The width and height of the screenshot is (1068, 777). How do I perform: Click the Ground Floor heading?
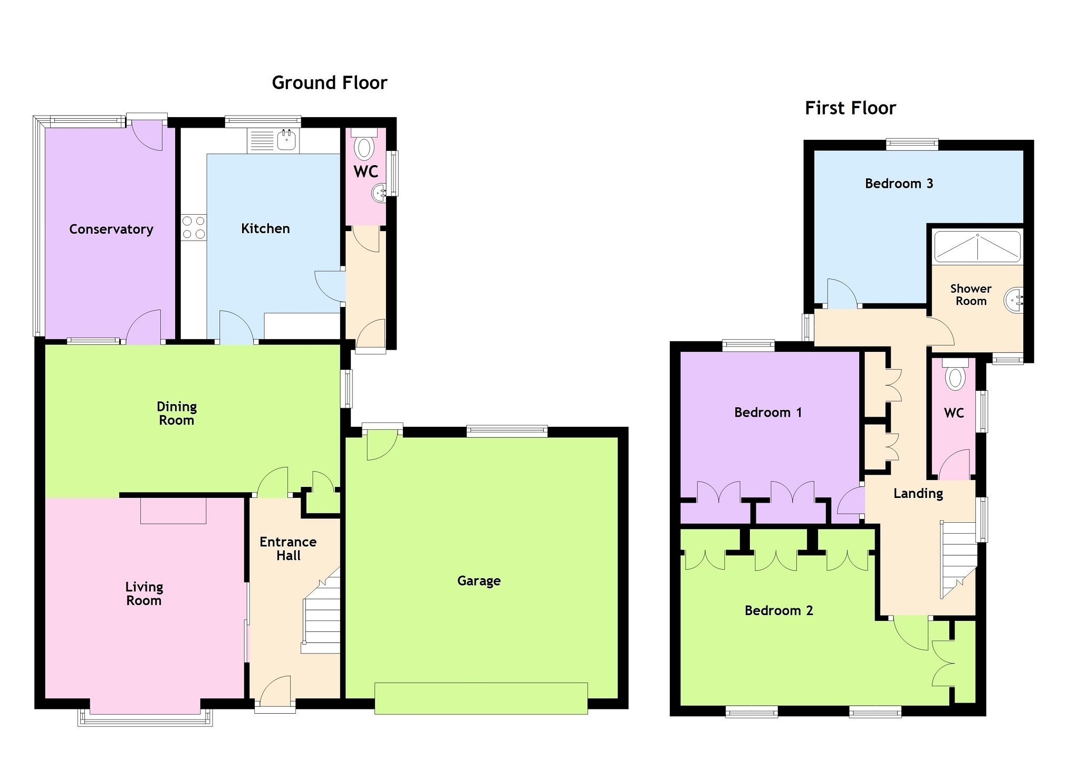tap(330, 83)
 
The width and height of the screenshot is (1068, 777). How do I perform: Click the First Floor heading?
tap(850, 108)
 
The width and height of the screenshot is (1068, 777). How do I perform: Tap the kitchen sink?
tap(287, 140)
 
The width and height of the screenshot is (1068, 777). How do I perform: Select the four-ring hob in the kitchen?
tap(194, 227)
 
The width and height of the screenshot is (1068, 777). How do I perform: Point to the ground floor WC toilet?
tap(364, 145)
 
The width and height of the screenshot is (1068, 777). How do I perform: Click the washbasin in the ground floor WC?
tap(379, 193)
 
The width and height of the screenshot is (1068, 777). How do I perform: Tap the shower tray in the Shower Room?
tap(977, 246)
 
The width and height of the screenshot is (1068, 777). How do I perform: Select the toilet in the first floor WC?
tap(955, 375)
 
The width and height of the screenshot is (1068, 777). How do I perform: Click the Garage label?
tap(479, 581)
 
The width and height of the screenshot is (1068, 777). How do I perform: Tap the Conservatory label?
tap(111, 229)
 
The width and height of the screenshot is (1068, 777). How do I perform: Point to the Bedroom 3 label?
tap(899, 184)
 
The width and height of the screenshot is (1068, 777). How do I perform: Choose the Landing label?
tap(918, 494)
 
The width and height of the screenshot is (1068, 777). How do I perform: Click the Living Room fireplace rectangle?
tap(173, 510)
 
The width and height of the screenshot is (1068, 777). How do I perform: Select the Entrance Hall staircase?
tap(321, 612)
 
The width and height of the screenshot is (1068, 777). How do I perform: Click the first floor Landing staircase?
tap(958, 559)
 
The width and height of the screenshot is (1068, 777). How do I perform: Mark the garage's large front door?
tap(481, 698)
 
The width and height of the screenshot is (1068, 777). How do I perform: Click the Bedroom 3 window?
tap(912, 143)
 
